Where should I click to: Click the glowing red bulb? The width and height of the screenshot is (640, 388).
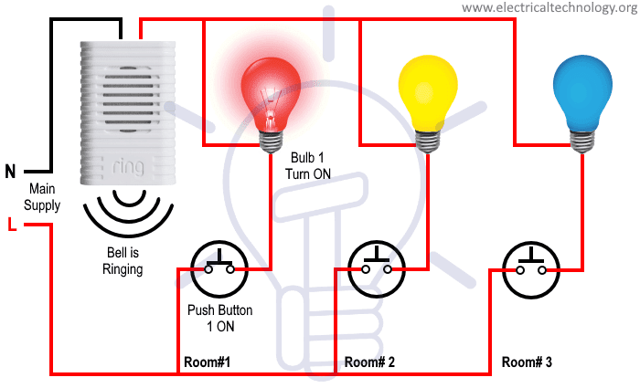271,91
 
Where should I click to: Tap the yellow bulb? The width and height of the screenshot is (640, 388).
427,87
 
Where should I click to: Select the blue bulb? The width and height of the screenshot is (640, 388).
582,87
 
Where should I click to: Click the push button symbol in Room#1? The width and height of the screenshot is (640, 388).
219,269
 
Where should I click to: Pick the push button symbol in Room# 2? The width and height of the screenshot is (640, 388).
376,269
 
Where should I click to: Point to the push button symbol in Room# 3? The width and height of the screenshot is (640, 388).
531,269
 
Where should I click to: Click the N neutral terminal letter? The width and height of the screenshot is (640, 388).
10,171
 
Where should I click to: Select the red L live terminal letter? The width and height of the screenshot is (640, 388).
10,225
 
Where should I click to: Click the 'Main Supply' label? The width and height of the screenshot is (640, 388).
42,197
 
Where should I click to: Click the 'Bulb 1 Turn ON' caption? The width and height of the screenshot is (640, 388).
310,165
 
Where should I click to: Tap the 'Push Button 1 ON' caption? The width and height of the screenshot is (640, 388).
219,318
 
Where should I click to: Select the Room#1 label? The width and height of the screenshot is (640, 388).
207,362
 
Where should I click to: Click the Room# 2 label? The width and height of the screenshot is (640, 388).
369,362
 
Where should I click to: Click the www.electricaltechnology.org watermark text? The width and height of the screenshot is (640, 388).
549,8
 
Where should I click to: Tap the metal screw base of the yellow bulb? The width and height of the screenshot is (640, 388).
427,138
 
